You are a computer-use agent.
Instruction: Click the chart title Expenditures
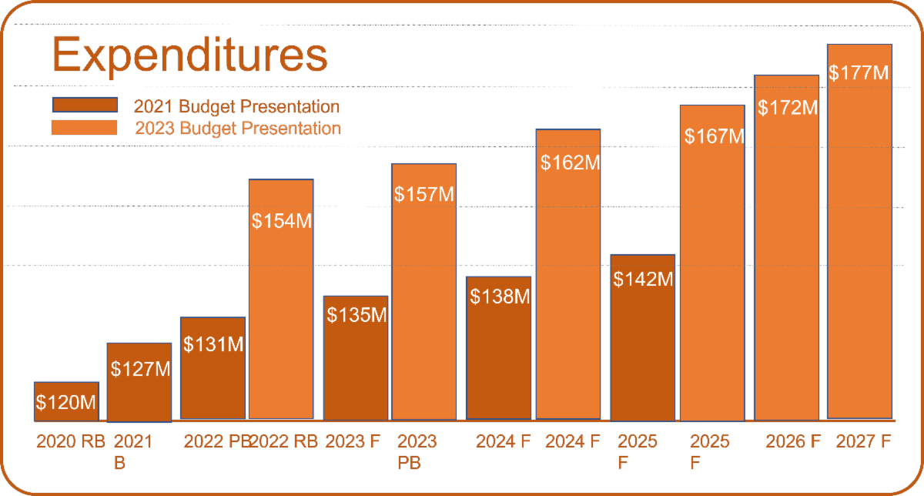189,56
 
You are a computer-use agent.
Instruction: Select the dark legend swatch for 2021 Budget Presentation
84,106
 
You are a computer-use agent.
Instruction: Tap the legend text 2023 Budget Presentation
237,128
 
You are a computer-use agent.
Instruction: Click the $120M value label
66,402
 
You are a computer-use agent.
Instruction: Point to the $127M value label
139,369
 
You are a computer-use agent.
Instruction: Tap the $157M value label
423,194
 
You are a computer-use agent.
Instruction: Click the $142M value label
643,279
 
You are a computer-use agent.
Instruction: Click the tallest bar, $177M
859,231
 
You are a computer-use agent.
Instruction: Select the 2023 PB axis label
417,452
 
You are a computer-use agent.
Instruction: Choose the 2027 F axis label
863,442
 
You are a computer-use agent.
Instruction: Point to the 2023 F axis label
353,442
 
